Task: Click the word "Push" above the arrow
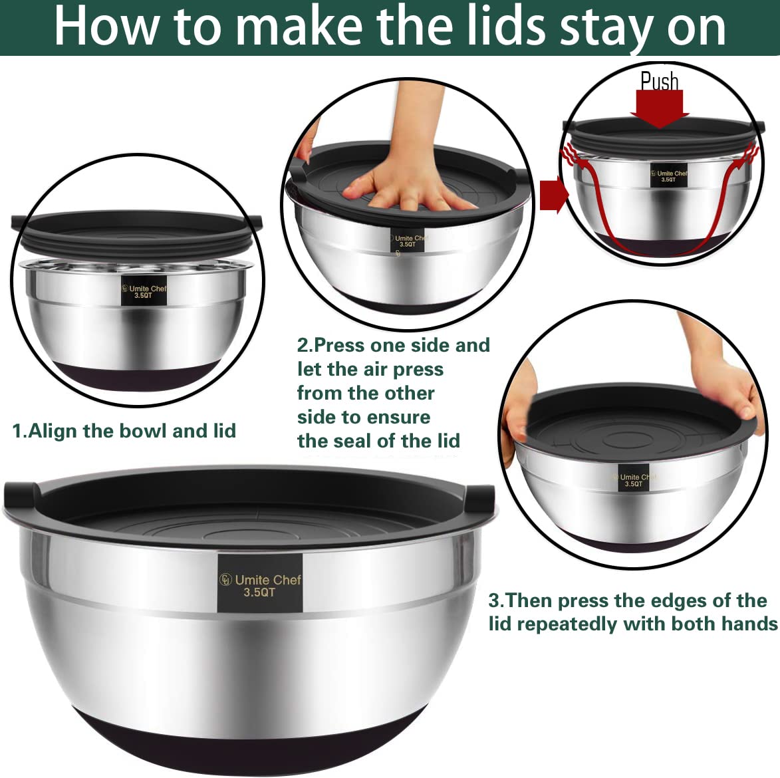click(659, 82)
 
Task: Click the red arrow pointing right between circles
click(553, 195)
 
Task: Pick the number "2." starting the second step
click(305, 345)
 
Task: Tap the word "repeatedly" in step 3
click(567, 624)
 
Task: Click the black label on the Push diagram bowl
click(667, 176)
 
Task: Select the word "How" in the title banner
click(106, 27)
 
